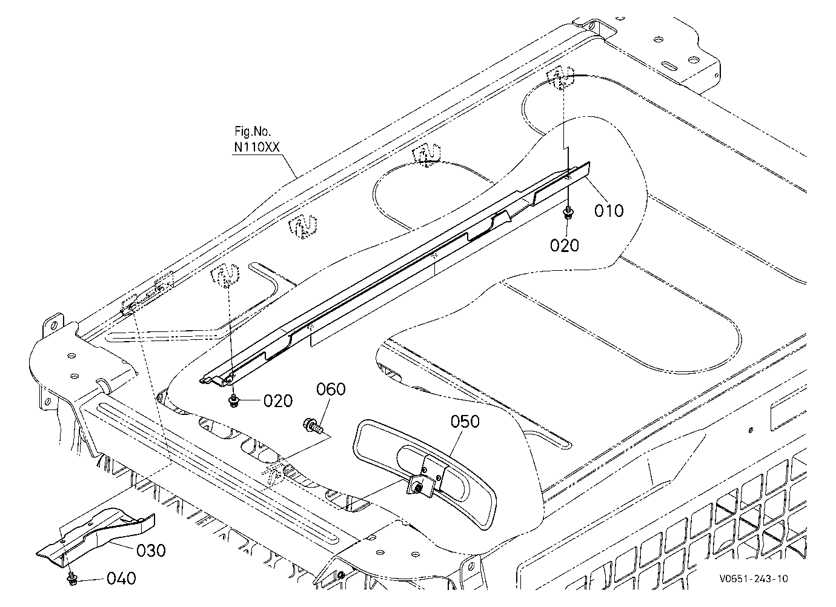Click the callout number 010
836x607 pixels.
pyautogui.click(x=609, y=211)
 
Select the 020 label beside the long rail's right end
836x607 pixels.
pyautogui.click(x=565, y=245)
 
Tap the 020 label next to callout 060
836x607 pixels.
pyautogui.click(x=278, y=401)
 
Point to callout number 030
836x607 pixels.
pyautogui.click(x=151, y=551)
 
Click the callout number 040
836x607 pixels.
pyautogui.click(x=121, y=579)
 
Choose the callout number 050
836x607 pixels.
pyautogui.click(x=465, y=422)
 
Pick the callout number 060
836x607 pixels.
pyautogui.click(x=331, y=389)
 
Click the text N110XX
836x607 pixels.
pyautogui.click(x=257, y=148)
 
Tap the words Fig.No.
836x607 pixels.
pyautogui.click(x=253, y=131)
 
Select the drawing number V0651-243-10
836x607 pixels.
pyautogui.click(x=754, y=579)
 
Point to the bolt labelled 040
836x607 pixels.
pyautogui.click(x=72, y=579)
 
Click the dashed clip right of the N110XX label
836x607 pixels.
pyautogui.click(x=304, y=227)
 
